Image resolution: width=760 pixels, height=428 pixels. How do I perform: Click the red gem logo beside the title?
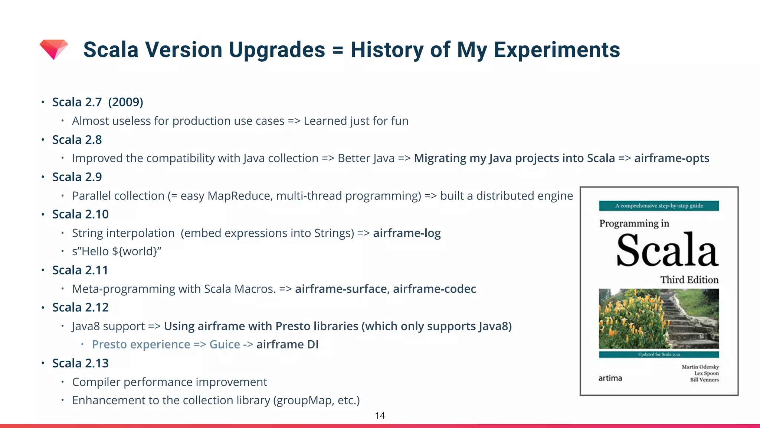pyautogui.click(x=54, y=49)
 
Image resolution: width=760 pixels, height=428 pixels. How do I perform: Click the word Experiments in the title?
pyautogui.click(x=557, y=50)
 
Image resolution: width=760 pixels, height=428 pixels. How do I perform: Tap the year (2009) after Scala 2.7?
pyautogui.click(x=125, y=102)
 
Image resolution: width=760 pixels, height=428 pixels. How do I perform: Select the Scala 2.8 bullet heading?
pyautogui.click(x=77, y=140)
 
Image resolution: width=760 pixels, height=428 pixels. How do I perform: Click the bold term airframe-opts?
pyautogui.click(x=671, y=158)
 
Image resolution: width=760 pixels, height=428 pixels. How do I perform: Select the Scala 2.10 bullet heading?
pyautogui.click(x=80, y=214)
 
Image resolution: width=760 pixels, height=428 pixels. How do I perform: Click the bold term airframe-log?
pyautogui.click(x=407, y=233)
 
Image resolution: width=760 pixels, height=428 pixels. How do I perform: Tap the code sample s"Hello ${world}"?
pyautogui.click(x=117, y=252)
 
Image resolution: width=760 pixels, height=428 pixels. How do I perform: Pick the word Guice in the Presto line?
pyautogui.click(x=225, y=345)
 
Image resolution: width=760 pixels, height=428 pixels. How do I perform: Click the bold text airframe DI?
pyautogui.click(x=287, y=345)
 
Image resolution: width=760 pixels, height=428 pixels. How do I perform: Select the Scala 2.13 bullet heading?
pyautogui.click(x=80, y=363)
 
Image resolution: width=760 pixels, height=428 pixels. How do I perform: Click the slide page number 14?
pyautogui.click(x=380, y=416)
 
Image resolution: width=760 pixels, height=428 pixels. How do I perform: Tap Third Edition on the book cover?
pyautogui.click(x=689, y=280)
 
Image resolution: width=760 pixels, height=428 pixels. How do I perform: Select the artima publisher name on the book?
pyautogui.click(x=610, y=378)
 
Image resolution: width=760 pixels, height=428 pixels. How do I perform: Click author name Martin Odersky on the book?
pyautogui.click(x=700, y=367)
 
